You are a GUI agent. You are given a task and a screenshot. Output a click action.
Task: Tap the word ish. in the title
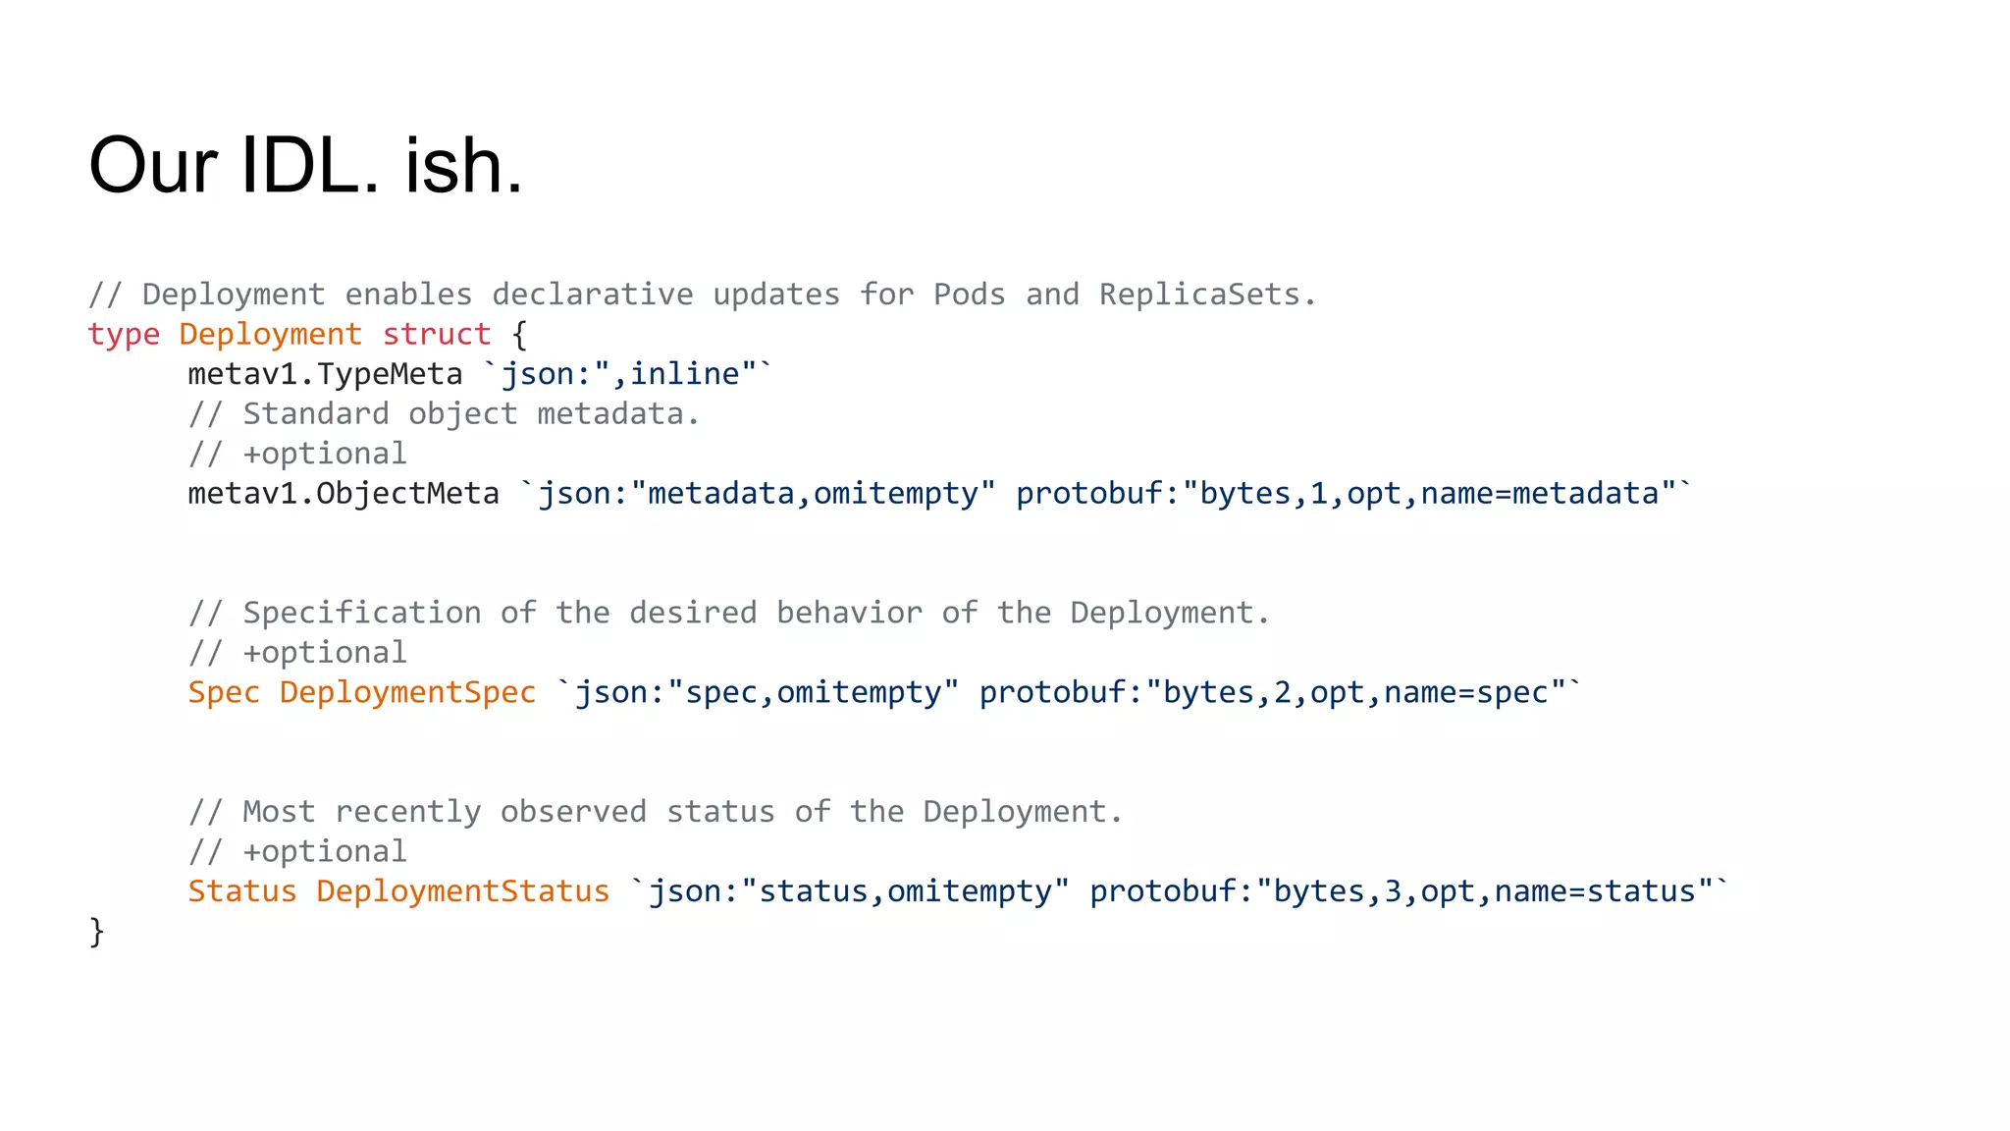coord(464,165)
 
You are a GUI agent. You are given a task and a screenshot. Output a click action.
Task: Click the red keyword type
coord(124,335)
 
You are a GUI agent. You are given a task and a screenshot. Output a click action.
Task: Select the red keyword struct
coord(437,335)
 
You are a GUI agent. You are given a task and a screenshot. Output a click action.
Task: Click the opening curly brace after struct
coord(519,335)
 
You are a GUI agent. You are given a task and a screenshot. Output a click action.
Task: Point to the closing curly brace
coord(96,931)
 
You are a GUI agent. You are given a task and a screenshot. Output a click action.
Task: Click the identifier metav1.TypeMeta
coord(325,374)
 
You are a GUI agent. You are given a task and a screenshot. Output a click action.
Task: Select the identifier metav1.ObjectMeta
coord(344,493)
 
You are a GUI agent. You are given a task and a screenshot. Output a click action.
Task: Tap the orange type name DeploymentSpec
coord(407,692)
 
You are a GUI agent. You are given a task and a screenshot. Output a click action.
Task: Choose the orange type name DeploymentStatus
coord(462,891)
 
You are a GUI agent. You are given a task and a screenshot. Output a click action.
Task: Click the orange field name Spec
coord(224,692)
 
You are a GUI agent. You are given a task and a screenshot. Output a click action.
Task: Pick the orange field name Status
coord(241,891)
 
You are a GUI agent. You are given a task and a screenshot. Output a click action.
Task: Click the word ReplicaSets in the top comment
coord(1199,295)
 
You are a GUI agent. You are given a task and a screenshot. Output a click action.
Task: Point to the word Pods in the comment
coord(969,295)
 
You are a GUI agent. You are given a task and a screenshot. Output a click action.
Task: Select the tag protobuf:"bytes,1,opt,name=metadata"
coord(1346,493)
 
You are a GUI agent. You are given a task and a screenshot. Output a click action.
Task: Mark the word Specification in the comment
coord(362,613)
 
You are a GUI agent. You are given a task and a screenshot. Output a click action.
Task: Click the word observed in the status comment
coord(573,812)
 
